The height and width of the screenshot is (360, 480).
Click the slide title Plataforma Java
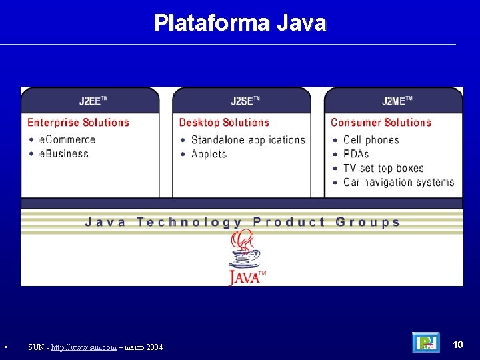(x=240, y=23)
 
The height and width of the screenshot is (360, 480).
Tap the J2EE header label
(x=93, y=101)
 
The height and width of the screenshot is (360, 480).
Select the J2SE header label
(x=245, y=101)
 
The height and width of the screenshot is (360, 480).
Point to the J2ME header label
(x=397, y=101)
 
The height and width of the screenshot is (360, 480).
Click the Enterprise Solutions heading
(x=78, y=123)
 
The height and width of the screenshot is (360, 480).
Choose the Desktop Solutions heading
(x=224, y=123)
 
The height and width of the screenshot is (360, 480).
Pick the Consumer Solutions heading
(x=381, y=123)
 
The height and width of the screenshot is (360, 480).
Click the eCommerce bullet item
(x=67, y=139)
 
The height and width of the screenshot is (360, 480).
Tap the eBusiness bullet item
(x=64, y=153)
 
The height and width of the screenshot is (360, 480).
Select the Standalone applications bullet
(x=247, y=140)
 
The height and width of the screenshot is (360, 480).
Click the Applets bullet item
(x=209, y=154)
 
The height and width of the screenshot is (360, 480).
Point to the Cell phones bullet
(x=371, y=140)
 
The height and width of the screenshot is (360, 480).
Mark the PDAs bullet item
(x=356, y=154)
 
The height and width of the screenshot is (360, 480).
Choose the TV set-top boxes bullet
(x=383, y=168)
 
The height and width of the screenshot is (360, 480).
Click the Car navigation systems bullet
(x=398, y=182)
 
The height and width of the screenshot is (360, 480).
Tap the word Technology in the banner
(x=189, y=222)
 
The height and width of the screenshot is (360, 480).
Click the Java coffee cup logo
(x=245, y=257)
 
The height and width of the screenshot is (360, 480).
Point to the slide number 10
(x=458, y=344)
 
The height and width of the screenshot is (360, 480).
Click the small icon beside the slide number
(x=426, y=343)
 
